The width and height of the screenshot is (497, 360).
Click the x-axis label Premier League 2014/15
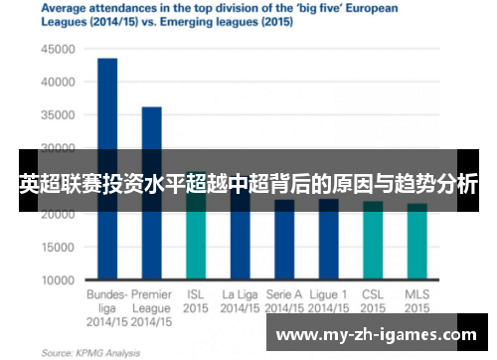click(x=151, y=308)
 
